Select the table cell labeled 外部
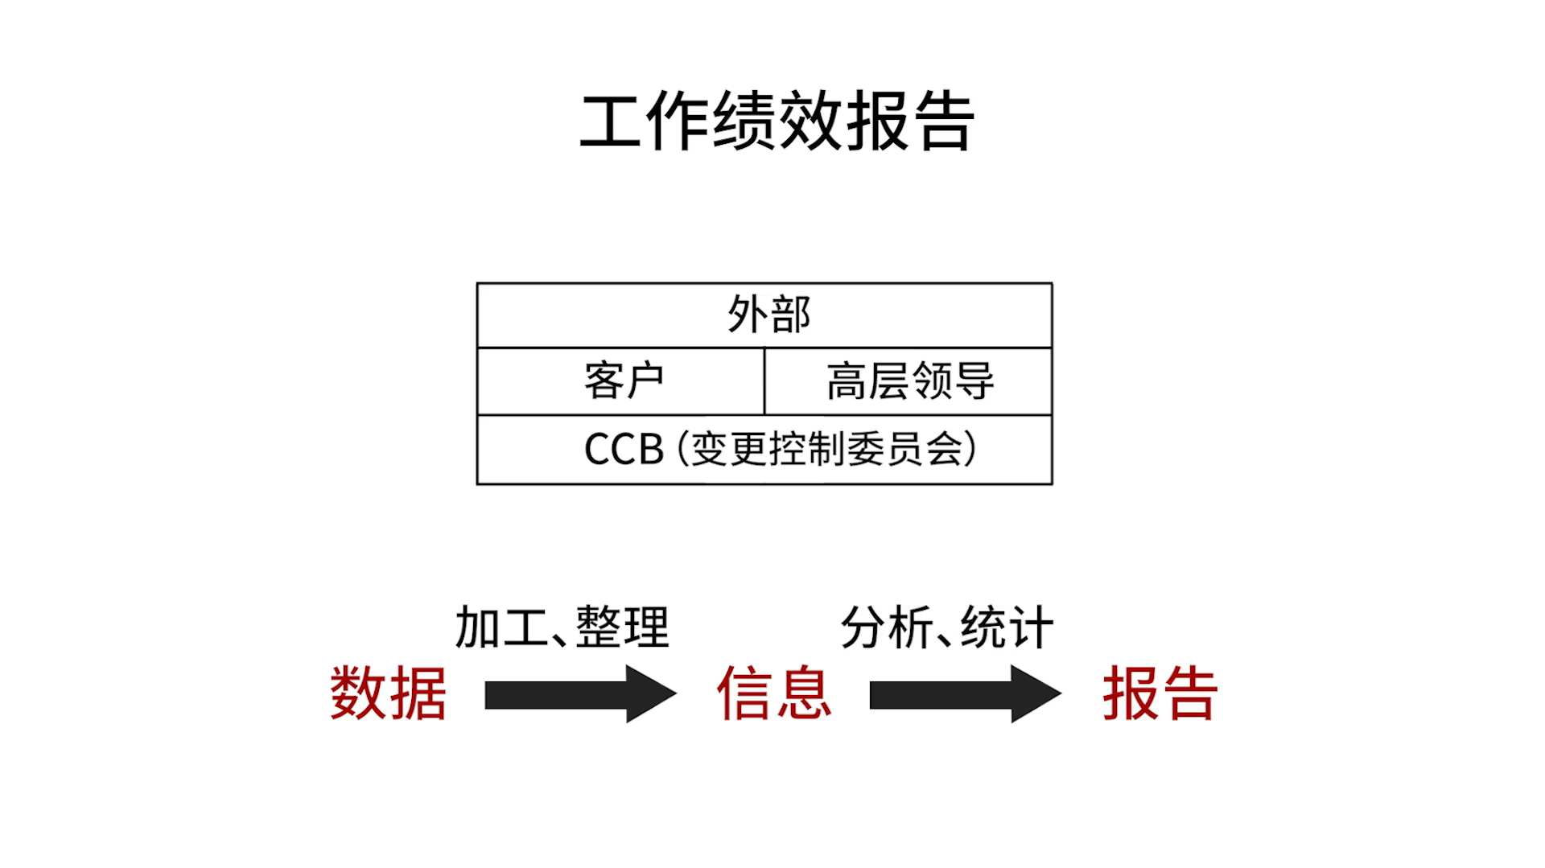(768, 314)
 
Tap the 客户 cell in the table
(624, 381)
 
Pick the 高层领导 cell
(910, 381)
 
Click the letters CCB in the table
(624, 449)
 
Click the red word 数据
(388, 693)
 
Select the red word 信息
(774, 693)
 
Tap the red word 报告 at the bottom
(1160, 693)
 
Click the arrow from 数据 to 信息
(579, 694)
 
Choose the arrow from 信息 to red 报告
(965, 694)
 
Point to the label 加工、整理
(562, 627)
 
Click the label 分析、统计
(947, 627)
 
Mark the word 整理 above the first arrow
(623, 627)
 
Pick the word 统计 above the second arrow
(1007, 627)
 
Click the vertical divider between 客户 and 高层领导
(764, 381)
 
